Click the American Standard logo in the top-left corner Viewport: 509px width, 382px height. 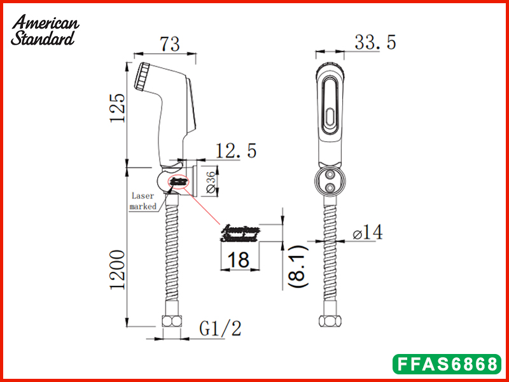(45, 30)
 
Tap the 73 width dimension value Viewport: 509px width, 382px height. (169, 44)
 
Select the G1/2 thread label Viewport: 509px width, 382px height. (220, 329)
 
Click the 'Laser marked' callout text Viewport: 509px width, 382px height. (143, 201)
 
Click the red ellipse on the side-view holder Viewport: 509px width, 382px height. (179, 181)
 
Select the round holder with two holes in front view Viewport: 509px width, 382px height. (330, 180)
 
